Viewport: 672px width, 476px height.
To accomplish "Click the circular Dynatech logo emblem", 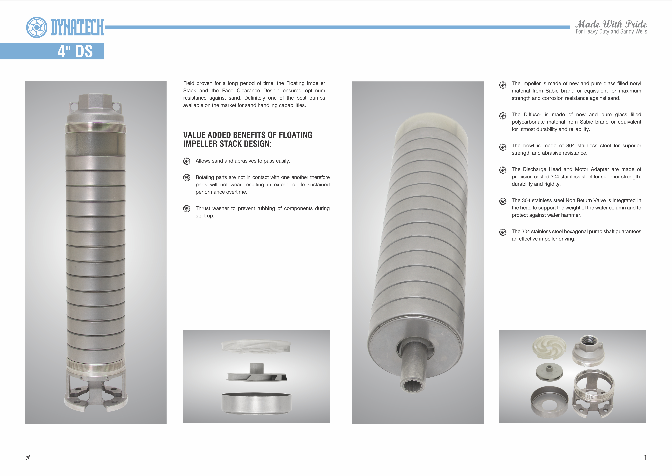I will tap(37, 27).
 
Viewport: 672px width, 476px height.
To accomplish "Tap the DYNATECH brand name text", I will tap(77, 27).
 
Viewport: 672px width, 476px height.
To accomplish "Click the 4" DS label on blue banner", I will tap(75, 51).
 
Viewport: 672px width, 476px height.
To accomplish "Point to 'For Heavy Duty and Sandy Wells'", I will tap(611, 32).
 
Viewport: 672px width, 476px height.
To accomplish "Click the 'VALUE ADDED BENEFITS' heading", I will tap(248, 139).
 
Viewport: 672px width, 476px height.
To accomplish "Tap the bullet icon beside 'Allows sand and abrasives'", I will tap(187, 161).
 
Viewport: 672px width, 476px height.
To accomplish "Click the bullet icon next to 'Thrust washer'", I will tap(187, 208).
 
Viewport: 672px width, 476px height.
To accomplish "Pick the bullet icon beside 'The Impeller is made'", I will tap(503, 85).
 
